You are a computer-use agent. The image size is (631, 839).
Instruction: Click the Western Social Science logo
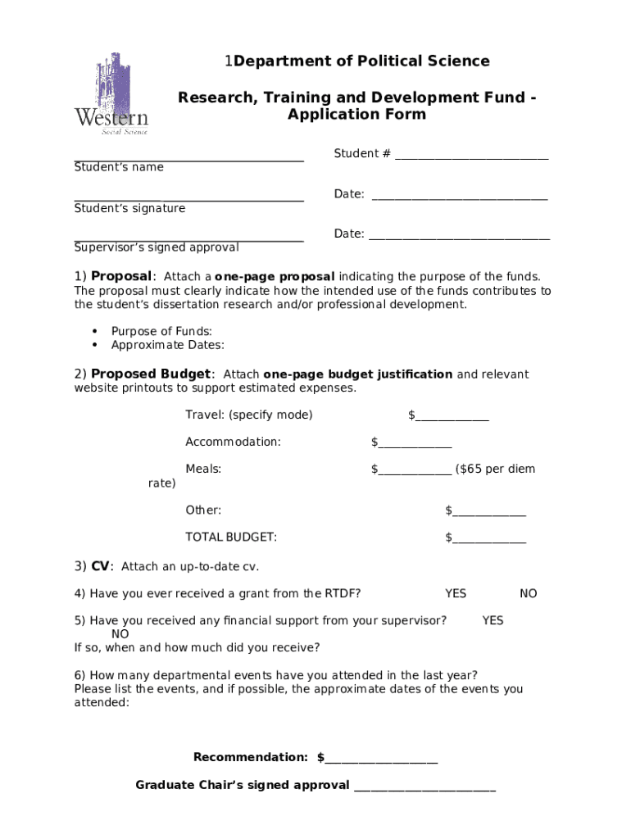pos(111,93)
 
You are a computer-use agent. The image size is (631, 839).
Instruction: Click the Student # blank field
pos(471,155)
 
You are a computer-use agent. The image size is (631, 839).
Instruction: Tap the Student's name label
pos(119,167)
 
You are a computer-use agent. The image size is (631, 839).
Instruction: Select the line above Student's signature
pos(188,199)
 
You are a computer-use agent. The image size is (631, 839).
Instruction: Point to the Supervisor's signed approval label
pos(157,247)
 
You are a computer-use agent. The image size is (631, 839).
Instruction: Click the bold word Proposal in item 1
pos(121,277)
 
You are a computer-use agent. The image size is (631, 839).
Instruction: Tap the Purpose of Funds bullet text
pos(161,332)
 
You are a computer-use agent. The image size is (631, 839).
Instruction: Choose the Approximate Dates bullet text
pos(167,345)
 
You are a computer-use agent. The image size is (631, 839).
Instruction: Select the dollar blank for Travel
pos(452,416)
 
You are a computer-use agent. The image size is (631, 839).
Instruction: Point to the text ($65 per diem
pos(495,469)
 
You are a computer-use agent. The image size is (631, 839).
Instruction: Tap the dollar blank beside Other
pos(488,511)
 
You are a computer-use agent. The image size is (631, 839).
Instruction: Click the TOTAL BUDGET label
pos(230,537)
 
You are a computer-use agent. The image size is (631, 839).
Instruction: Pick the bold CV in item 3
pos(100,566)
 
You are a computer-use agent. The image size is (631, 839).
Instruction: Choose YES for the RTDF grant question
pos(456,593)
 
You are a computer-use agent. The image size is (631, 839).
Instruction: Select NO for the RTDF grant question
pos(529,593)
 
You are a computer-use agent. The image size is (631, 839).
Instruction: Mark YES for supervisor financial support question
pos(493,621)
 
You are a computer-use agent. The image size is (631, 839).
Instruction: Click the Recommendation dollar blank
pos(381,758)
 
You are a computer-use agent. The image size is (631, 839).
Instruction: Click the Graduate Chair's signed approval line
pos(424,787)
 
